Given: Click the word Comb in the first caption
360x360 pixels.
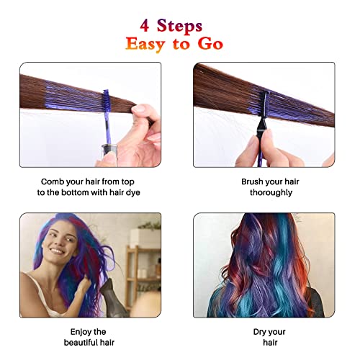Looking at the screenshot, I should (55, 181).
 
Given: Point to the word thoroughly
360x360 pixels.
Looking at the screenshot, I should (271, 193).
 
